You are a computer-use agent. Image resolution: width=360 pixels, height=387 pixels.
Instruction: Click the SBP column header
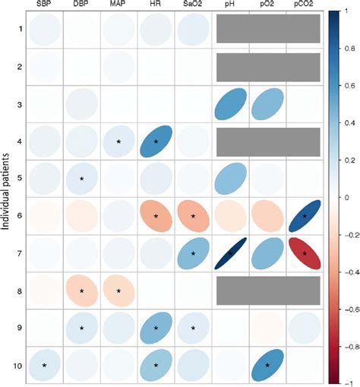click(43, 5)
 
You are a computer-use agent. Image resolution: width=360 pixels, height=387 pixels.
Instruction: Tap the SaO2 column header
click(192, 5)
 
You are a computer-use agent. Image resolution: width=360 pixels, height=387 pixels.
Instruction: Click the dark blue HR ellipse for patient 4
click(156, 141)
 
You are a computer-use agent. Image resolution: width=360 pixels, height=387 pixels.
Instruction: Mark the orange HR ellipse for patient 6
click(156, 216)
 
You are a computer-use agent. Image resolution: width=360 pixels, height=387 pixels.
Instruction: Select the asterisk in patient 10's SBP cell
click(44, 365)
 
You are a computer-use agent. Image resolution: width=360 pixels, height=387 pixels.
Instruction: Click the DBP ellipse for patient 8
click(81, 290)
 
